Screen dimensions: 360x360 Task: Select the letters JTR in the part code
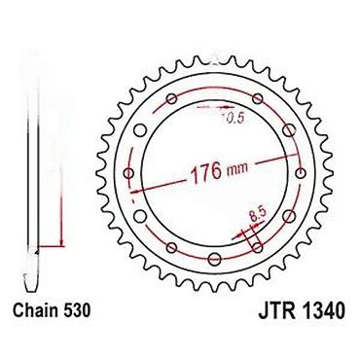pyautogui.click(x=276, y=310)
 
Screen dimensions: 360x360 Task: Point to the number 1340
pyautogui.click(x=323, y=310)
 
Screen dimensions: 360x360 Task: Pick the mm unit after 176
pyautogui.click(x=238, y=167)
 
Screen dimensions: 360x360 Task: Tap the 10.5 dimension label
pyautogui.click(x=233, y=118)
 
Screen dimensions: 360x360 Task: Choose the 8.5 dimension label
pyautogui.click(x=258, y=215)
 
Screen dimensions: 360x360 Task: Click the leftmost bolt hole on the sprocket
pyautogui.click(x=129, y=173)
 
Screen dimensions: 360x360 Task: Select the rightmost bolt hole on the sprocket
pyautogui.click(x=302, y=173)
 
